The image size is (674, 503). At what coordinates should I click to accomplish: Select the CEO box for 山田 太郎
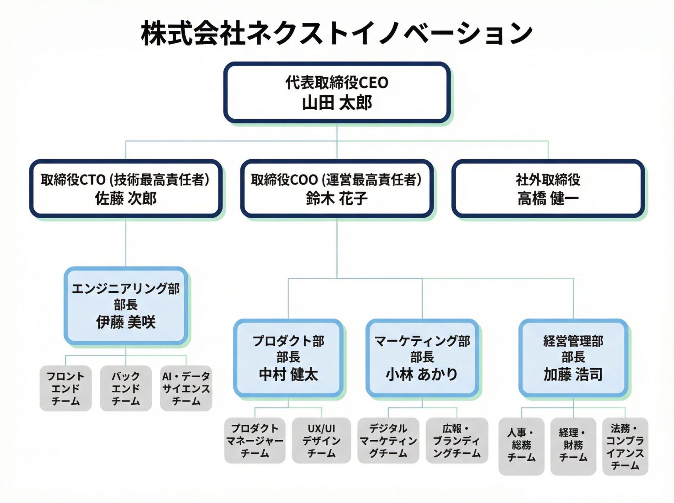(337, 93)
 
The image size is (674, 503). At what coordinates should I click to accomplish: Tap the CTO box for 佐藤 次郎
(126, 189)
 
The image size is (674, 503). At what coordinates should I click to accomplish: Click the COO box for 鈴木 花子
(337, 189)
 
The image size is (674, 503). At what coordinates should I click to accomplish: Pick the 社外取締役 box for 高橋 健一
(548, 189)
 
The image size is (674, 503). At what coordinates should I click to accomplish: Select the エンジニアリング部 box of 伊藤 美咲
(126, 305)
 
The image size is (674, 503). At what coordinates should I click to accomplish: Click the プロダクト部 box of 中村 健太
(288, 358)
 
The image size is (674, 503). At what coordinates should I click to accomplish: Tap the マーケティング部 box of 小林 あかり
(422, 358)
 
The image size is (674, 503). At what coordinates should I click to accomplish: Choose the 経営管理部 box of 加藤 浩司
(573, 358)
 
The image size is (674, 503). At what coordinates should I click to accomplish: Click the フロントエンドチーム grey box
(66, 388)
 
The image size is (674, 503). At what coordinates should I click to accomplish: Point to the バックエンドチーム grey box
(126, 388)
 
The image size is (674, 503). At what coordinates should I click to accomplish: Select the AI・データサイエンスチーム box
(186, 388)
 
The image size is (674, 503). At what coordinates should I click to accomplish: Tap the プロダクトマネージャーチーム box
(255, 441)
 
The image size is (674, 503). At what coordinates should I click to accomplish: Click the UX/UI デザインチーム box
(321, 441)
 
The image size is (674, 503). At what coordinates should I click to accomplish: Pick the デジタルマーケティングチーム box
(388, 441)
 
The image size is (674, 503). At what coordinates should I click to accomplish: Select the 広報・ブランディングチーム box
(457, 441)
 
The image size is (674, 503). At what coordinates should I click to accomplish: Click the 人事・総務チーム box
(521, 446)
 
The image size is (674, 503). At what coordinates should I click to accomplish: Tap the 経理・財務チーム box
(573, 446)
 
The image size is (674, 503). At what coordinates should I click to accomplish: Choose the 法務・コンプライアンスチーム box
(625, 446)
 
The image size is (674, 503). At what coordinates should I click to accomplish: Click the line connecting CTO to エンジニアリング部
(126, 242)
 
